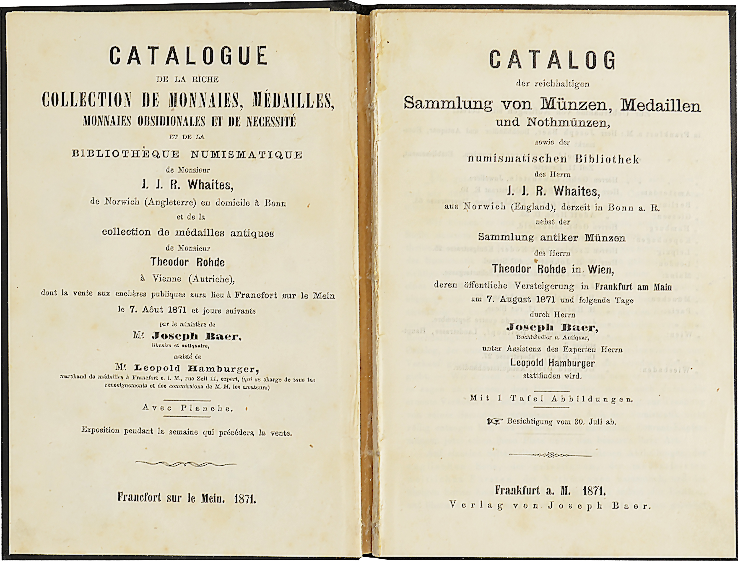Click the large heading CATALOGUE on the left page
point(189,55)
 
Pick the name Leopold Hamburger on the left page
point(196,369)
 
